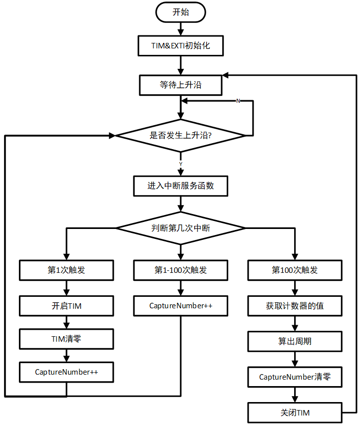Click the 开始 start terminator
[180, 12]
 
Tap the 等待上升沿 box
[180, 85]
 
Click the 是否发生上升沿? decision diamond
[180, 135]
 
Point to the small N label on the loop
[238, 101]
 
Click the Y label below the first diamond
[180, 164]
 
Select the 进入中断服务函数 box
[180, 186]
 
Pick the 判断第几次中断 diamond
[180, 228]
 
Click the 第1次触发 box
[66, 270]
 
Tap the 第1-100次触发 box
[180, 270]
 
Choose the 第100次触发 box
[295, 270]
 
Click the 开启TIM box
[66, 306]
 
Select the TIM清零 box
[66, 339]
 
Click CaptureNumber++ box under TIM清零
[66, 372]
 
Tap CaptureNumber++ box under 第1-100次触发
[180, 306]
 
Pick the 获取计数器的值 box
[295, 306]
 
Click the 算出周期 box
[295, 342]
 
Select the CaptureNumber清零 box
[295, 377]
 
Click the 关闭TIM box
[295, 413]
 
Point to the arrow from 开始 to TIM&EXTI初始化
[180, 29]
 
